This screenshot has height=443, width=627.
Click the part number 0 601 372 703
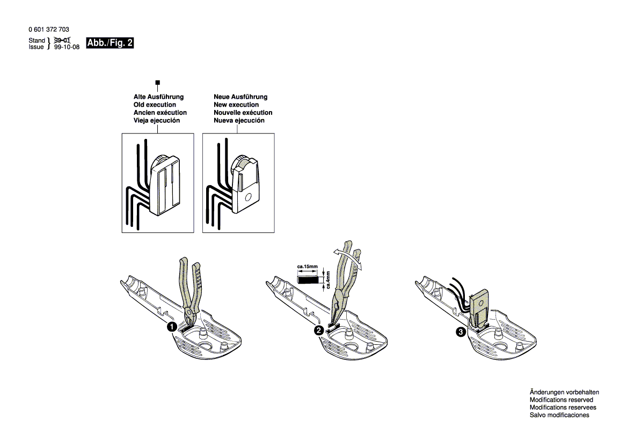point(48,30)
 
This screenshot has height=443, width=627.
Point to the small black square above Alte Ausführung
point(157,83)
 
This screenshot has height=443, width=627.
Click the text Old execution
point(155,105)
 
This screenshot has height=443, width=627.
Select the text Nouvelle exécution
point(243,113)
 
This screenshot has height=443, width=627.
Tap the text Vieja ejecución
point(157,121)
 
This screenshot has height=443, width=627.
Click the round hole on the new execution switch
point(247,197)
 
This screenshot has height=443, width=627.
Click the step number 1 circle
point(171,327)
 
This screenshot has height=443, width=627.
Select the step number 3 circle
point(461,333)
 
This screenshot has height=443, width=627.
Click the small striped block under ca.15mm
point(307,279)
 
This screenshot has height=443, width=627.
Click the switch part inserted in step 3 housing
point(482,307)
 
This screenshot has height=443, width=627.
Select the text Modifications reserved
point(561,400)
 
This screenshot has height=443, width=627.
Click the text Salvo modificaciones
point(559,415)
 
